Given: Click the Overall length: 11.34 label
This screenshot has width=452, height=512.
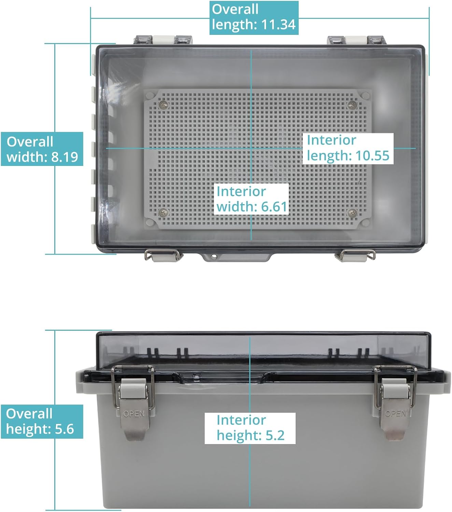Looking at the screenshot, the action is [254, 18].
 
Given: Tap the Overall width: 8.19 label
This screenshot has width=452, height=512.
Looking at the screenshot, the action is [42, 149].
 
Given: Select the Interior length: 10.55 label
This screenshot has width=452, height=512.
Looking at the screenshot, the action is [348, 148].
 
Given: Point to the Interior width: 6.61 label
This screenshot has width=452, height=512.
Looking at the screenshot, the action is [251, 199].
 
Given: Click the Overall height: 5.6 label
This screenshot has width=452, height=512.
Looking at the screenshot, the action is [42, 421].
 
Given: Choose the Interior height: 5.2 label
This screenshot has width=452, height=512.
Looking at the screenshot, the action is [250, 428].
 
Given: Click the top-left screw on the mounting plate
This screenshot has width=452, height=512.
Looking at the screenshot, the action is [164, 104].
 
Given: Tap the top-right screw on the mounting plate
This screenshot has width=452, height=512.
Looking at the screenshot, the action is [352, 104].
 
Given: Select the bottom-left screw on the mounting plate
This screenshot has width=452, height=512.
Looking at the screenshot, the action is [164, 213].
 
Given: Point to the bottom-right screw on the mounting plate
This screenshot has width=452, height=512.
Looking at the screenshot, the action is [352, 213].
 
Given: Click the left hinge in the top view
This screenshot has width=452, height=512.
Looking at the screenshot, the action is [163, 40].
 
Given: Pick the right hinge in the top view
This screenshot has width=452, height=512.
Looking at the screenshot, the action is [357, 40].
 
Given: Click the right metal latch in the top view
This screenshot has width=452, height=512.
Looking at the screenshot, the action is [355, 255].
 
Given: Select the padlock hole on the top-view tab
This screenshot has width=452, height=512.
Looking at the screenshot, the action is [214, 256].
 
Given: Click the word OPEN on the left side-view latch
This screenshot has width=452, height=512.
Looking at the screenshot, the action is [134, 414].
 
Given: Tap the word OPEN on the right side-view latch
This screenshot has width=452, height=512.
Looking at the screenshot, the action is [396, 413].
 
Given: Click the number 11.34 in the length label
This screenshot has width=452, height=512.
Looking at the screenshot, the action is [278, 25].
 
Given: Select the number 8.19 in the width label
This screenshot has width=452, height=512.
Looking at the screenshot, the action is [65, 157].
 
